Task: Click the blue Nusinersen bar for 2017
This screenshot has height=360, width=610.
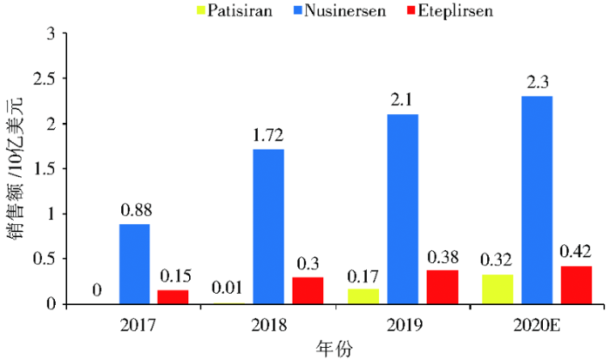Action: [x=134, y=264]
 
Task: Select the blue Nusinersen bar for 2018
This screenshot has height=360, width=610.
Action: [x=268, y=227]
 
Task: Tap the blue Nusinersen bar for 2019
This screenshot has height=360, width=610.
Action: [x=403, y=209]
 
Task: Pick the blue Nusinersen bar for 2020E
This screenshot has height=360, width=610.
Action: [x=537, y=200]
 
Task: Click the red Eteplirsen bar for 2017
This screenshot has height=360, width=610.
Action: [x=173, y=297]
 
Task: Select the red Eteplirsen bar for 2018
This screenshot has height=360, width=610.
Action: [x=308, y=290]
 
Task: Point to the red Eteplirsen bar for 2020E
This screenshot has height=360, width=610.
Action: [x=576, y=285]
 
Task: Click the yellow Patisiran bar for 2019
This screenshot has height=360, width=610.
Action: [x=364, y=296]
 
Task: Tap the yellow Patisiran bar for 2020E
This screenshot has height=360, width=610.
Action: [x=498, y=289]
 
